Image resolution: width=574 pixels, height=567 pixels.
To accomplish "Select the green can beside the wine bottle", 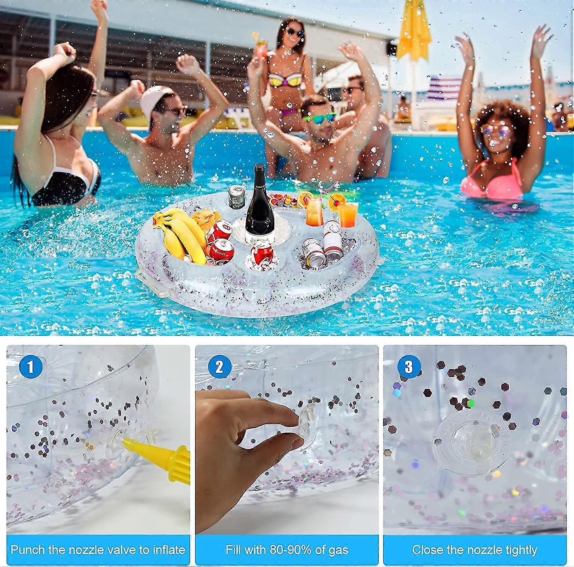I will coord(236,197).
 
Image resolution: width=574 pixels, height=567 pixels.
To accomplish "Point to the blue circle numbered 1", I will coord(31,367).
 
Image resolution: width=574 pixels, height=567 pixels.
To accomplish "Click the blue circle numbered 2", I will coord(219,367).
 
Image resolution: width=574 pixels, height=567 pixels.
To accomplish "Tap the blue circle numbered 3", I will coord(409,367).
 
